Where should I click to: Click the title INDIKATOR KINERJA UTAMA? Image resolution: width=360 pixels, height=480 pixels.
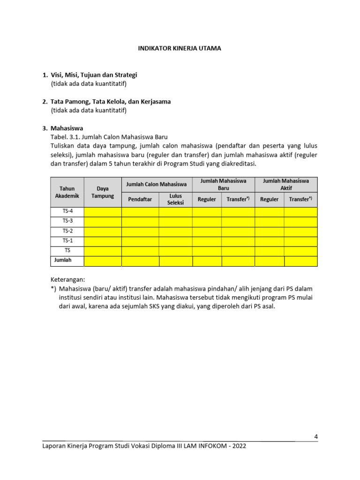[179, 48]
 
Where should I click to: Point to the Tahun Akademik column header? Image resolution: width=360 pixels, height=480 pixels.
[67, 192]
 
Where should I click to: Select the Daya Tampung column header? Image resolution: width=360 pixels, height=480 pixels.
[103, 192]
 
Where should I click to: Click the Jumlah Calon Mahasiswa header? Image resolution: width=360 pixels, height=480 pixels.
[157, 184]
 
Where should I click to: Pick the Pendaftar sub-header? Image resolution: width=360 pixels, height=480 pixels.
[140, 199]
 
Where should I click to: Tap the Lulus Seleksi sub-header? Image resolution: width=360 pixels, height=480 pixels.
[175, 199]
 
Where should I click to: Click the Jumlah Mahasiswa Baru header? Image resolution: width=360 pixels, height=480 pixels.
[223, 184]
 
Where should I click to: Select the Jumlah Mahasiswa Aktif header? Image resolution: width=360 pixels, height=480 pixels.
[286, 184]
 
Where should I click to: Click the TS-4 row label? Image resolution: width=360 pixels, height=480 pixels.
[67, 211]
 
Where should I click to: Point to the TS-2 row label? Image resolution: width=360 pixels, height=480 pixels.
[67, 231]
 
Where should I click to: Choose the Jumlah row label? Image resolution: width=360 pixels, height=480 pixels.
[63, 260]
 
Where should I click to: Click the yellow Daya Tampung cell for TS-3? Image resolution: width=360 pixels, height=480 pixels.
[103, 221]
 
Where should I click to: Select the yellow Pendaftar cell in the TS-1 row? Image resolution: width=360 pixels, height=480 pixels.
[140, 241]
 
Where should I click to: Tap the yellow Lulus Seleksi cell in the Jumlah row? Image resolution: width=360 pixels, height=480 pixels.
[175, 261]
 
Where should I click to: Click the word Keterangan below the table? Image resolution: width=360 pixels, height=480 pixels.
[67, 279]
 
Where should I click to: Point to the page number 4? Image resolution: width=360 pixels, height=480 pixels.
[316, 437]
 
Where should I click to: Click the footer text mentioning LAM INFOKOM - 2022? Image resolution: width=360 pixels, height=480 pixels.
[144, 446]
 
